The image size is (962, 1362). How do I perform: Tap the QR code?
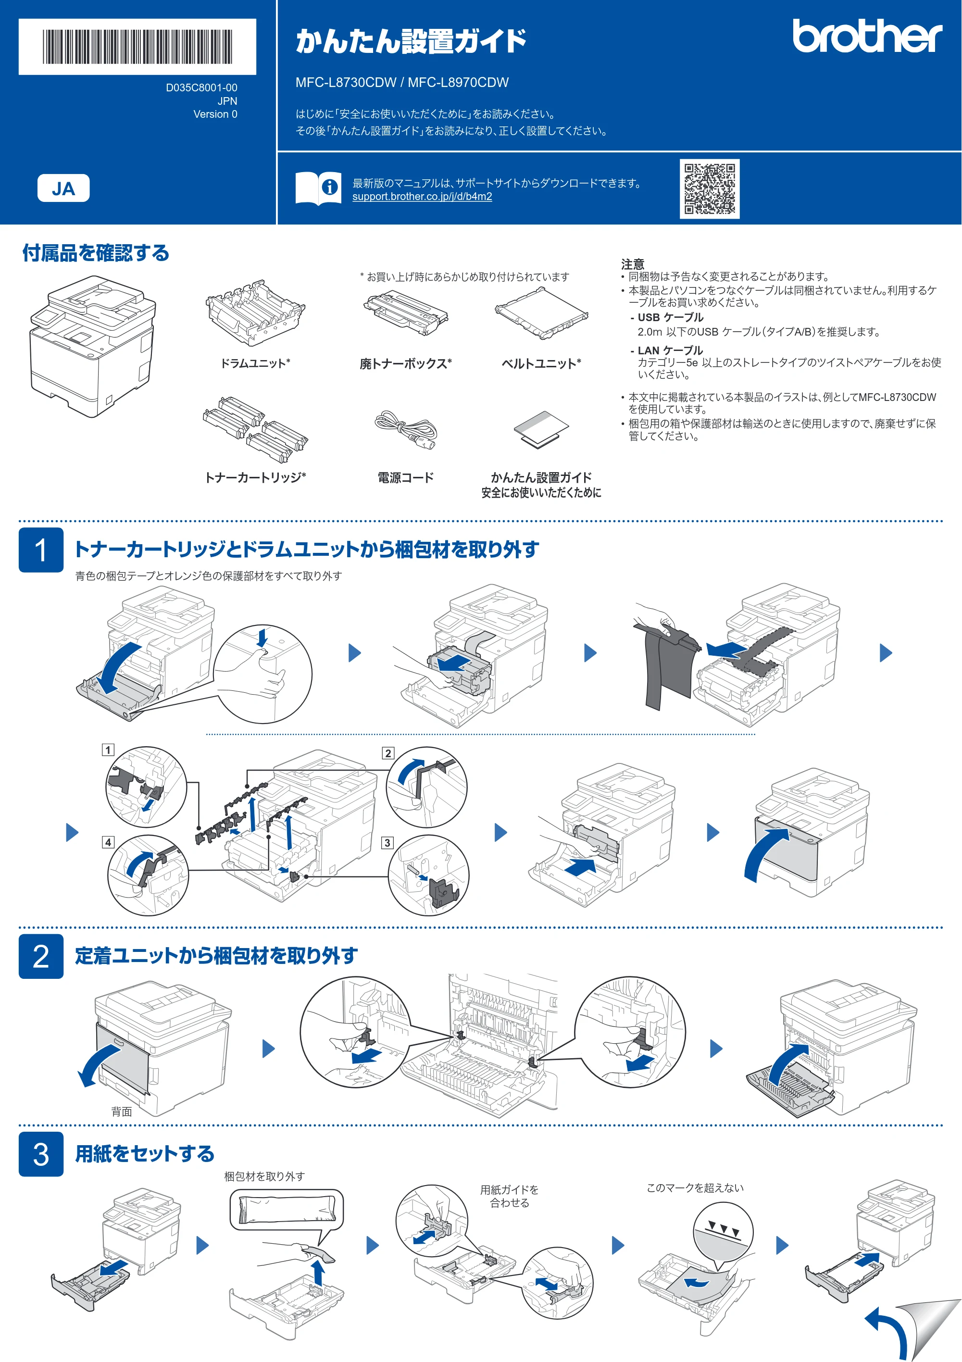709,188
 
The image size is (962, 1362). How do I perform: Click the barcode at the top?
137,46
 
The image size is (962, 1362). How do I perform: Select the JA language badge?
63,188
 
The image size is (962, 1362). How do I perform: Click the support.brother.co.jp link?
422,196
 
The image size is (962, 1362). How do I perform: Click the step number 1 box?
41,550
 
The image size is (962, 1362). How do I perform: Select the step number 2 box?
41,956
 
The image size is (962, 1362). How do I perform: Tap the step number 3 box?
41,1154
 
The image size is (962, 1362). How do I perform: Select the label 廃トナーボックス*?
406,363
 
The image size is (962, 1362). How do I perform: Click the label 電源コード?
406,477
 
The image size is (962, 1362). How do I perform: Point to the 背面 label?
122,1112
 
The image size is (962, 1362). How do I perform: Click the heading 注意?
632,264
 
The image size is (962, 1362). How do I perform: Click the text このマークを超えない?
695,1187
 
